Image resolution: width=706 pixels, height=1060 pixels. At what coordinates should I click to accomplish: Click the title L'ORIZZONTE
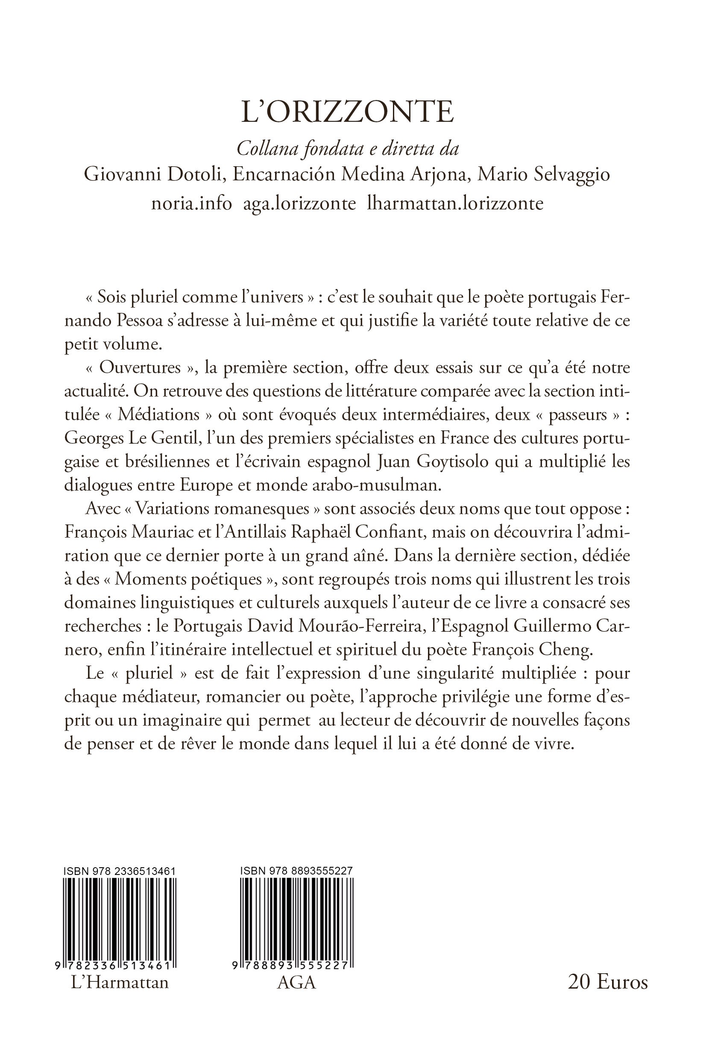coord(347,113)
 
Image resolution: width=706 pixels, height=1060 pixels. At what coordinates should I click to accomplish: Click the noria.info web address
coord(191,203)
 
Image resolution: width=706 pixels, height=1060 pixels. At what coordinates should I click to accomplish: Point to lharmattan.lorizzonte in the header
coord(455,203)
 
